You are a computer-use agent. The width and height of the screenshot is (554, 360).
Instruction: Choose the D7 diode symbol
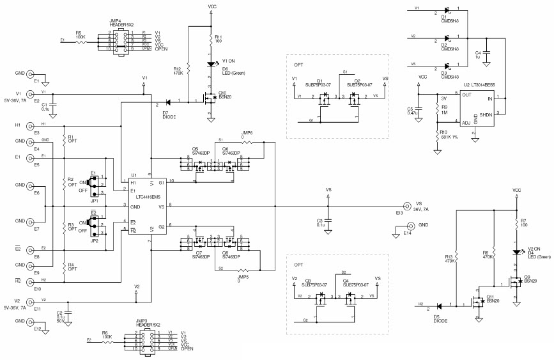168,102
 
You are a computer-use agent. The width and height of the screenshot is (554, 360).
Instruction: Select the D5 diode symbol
440,306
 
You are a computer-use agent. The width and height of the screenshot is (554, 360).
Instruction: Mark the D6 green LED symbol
210,63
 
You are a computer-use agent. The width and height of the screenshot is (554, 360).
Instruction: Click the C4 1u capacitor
487,53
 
